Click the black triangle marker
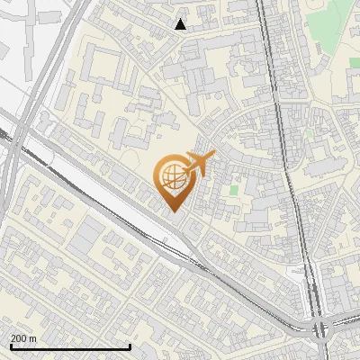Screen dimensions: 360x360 (181, 24)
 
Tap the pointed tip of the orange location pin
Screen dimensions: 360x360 (174, 211)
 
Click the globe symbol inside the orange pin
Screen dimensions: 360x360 (174, 177)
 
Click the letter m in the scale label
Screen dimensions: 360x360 (34, 338)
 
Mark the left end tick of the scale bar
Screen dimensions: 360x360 (10, 346)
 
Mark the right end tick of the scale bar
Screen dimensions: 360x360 (131, 346)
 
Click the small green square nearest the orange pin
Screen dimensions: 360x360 (234, 190)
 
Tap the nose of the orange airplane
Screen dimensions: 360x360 (213, 158)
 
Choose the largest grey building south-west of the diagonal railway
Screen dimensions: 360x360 (86, 236)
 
